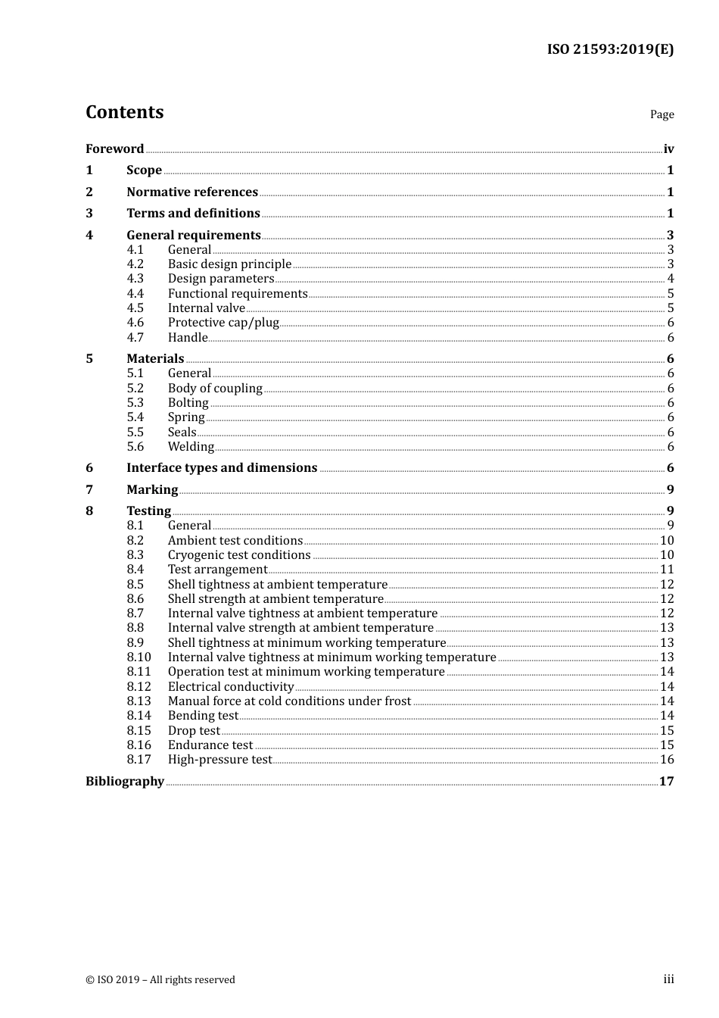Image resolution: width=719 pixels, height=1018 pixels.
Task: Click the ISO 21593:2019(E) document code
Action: pyautogui.click(x=610, y=50)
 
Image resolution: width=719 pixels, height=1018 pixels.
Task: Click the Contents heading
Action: pyautogui.click(x=124, y=112)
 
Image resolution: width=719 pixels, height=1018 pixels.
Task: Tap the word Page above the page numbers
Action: pyautogui.click(x=661, y=114)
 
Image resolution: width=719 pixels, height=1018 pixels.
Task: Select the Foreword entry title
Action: pyautogui.click(x=114, y=149)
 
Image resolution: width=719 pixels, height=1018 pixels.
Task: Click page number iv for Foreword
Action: pyautogui.click(x=668, y=149)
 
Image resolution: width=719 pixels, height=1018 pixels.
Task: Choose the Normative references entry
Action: pyautogui.click(x=192, y=192)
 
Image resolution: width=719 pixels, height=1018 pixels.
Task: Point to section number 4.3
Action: pyautogui.click(x=135, y=279)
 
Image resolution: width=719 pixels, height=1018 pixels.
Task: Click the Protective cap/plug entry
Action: pyautogui.click(x=223, y=323)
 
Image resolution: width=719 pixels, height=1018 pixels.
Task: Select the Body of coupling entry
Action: pyautogui.click(x=215, y=389)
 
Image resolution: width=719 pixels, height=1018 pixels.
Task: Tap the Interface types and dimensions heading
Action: pyautogui.click(x=222, y=468)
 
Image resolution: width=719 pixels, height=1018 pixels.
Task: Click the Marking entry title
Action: pyautogui.click(x=152, y=490)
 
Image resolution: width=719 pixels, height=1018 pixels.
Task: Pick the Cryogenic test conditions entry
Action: pyautogui.click(x=239, y=555)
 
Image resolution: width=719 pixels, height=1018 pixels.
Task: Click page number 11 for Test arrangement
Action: pyautogui.click(x=667, y=570)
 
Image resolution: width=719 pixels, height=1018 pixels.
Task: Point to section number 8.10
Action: pyautogui.click(x=139, y=657)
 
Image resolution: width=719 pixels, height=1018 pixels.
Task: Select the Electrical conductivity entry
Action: pyautogui.click(x=231, y=687)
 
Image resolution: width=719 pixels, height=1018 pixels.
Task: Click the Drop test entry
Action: pyautogui.click(x=194, y=731)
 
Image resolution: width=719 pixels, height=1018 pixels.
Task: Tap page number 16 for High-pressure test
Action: pyautogui.click(x=667, y=760)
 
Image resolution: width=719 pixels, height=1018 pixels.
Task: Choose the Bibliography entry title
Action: pyautogui.click(x=125, y=782)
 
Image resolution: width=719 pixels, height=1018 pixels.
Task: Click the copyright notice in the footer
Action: pyautogui.click(x=160, y=980)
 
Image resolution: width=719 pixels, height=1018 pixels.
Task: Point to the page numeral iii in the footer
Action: pyautogui.click(x=668, y=979)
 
